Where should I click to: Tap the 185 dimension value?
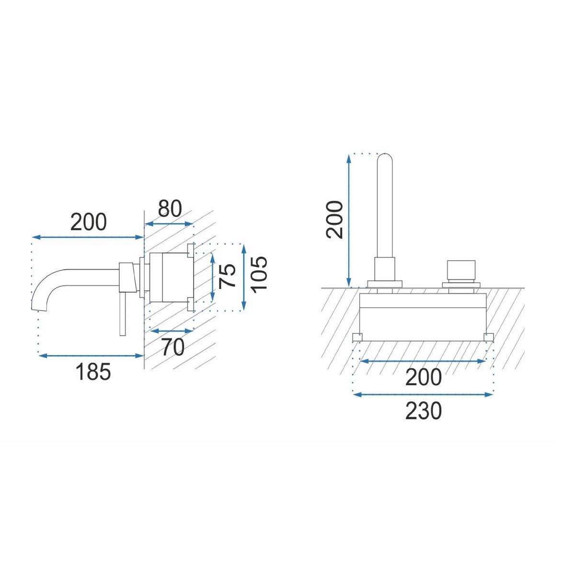93,372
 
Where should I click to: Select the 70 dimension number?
173,347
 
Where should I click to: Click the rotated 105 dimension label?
258,275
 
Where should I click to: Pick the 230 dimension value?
423,411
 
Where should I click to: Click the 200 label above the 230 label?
423,377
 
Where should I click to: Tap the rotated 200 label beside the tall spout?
334,219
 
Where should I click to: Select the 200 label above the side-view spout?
88,222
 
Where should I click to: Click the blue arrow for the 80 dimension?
169,224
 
